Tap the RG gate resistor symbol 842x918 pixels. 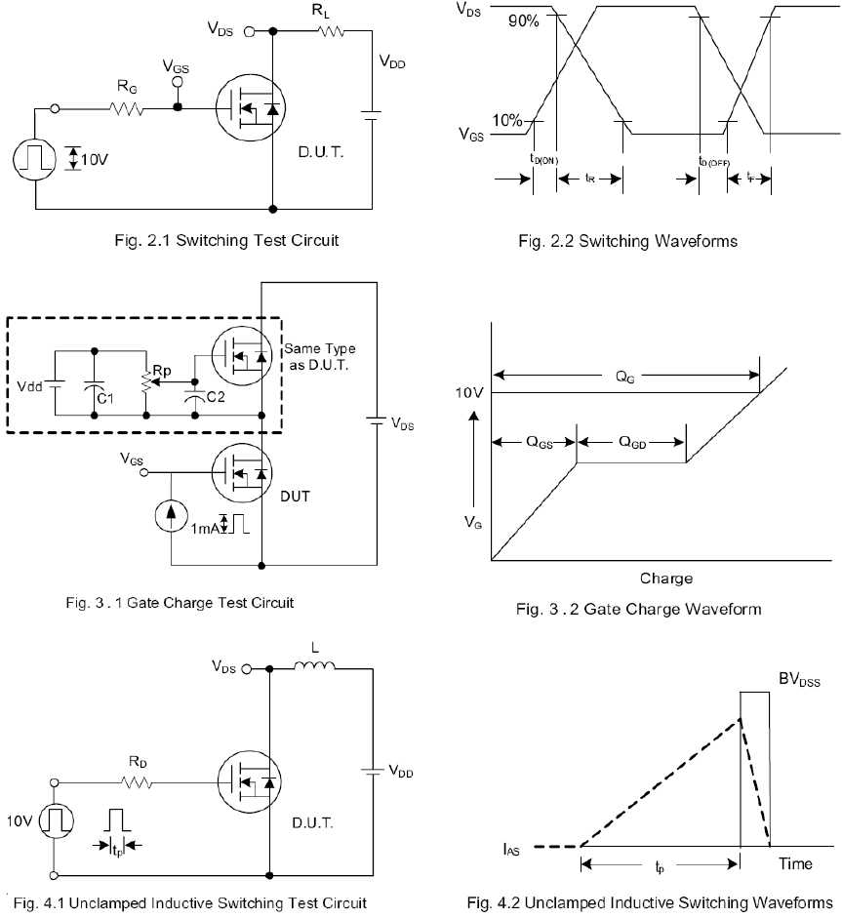tap(127, 108)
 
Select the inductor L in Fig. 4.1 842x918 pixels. tap(314, 668)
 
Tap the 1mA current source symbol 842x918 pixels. tap(172, 518)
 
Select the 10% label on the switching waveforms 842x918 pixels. tap(506, 120)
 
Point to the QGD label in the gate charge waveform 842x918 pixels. tap(633, 441)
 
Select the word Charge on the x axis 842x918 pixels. tap(666, 579)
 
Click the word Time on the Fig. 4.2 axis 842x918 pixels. tap(795, 863)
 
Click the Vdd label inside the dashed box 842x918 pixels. tap(29, 386)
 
